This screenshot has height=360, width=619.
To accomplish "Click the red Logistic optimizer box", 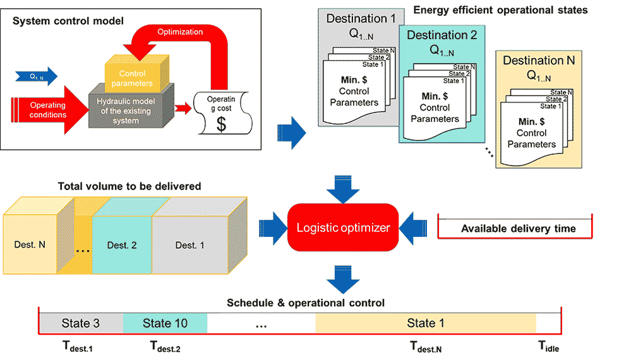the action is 342,227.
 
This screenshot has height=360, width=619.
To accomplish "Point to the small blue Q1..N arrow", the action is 37,76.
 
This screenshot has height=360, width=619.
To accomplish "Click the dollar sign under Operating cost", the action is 222,124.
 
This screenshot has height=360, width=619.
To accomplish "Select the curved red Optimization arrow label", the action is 180,32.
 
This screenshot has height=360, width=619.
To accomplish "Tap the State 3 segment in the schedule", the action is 81,323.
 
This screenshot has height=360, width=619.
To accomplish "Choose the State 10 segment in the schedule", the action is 165,323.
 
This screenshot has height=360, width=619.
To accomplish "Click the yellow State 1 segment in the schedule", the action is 426,323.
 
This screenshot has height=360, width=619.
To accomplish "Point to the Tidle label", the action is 549,347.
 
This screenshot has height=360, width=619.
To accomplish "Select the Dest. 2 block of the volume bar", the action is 122,245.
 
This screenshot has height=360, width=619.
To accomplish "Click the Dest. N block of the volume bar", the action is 30,245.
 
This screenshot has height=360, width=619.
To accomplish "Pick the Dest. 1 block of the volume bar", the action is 190,245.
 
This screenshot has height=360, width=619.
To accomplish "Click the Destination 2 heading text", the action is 442,35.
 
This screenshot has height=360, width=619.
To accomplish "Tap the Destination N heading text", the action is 539,61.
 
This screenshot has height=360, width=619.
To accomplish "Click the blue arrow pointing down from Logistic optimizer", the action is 343,279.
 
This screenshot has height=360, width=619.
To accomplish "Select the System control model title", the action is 68,21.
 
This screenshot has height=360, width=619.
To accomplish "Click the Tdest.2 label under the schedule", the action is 165,347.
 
